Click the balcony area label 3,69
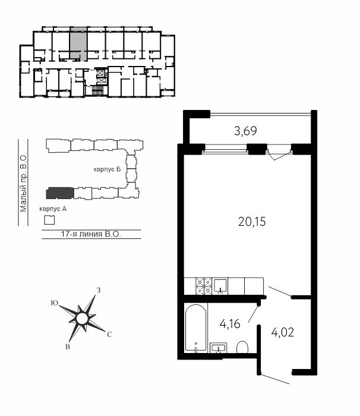(x=245, y=131)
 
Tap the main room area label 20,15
(x=252, y=222)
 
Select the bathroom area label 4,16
(x=230, y=324)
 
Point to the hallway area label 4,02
(x=283, y=332)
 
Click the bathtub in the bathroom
(x=196, y=329)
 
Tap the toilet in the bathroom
(x=242, y=348)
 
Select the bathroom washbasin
(x=219, y=348)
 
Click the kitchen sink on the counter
(x=220, y=286)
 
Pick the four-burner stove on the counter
(x=204, y=286)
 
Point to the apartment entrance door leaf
(x=274, y=379)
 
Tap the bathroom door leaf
(x=253, y=314)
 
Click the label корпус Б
(x=107, y=169)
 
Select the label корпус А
(x=53, y=209)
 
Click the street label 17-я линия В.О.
(x=91, y=234)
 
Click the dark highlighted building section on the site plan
(x=60, y=193)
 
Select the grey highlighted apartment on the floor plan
(x=78, y=43)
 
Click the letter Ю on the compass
(x=55, y=303)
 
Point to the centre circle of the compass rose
(x=82, y=319)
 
